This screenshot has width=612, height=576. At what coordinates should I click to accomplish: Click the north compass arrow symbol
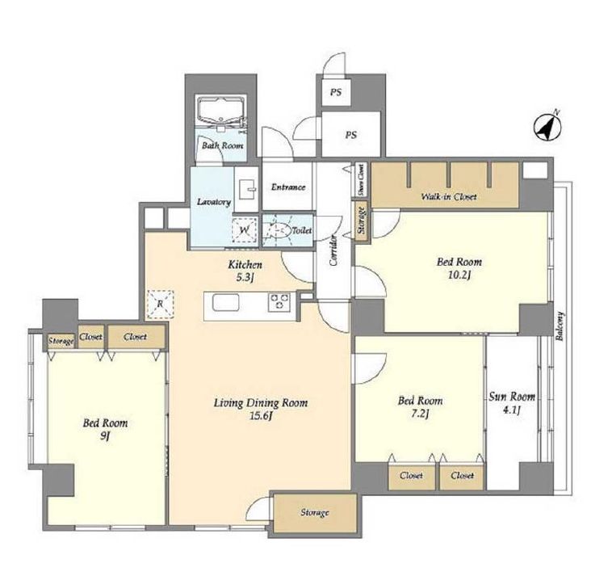pos(547,128)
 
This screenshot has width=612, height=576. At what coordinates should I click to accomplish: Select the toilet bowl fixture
pos(278,231)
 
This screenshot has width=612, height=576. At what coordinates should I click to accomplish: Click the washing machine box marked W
pos(245,230)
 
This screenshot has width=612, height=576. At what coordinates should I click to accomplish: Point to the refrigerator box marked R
pos(160,305)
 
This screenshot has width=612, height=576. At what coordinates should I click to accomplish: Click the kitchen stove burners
pos(279,302)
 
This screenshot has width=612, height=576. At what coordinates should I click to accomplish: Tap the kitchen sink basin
pos(225,303)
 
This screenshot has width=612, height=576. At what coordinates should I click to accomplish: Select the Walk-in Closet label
pos(449,196)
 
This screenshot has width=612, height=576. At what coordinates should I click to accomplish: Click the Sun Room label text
pos(512,397)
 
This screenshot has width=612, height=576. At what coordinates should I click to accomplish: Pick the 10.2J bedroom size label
pos(459,275)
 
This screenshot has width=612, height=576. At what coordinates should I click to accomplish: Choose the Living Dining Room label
pos(261,402)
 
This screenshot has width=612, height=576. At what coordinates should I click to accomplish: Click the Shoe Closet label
pos(362,180)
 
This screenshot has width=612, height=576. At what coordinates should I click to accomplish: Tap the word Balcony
pos(560,326)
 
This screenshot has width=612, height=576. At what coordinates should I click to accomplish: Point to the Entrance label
pos(288,187)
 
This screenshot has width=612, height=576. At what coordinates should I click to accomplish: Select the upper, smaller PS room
pos(336,93)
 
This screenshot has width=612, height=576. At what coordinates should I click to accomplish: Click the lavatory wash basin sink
pos(247,189)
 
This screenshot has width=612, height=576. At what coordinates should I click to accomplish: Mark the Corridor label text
pos(333,250)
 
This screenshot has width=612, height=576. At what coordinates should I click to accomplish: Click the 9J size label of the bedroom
pos(104,436)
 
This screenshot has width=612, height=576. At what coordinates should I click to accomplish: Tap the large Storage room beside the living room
pos(315,513)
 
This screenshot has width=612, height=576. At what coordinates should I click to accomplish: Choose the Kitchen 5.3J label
pos(245,271)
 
